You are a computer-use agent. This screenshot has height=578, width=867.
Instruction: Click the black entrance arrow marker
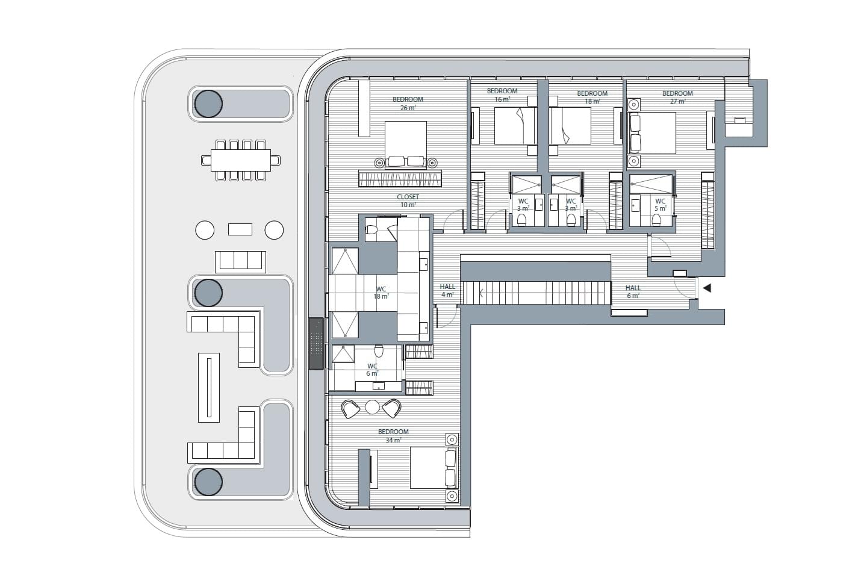(707, 288)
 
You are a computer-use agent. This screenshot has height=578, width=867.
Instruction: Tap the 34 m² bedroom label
(393, 436)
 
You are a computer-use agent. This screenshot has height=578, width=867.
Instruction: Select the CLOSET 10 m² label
(408, 201)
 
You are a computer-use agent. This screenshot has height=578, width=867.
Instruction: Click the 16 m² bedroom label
(502, 95)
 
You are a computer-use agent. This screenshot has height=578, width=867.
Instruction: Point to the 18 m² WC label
(381, 293)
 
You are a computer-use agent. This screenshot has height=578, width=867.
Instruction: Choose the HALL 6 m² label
(633, 292)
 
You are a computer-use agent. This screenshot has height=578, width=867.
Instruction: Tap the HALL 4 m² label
(447, 291)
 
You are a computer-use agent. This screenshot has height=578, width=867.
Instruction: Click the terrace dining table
(241, 160)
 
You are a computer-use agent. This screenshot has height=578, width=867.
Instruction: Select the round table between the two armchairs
(372, 407)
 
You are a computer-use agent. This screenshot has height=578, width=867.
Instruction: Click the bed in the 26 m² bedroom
(406, 144)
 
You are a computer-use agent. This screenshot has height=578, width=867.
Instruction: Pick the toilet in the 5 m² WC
(656, 220)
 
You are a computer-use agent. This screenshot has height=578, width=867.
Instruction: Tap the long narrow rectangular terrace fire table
(209, 388)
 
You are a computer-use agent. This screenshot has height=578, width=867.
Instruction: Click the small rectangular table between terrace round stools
(240, 229)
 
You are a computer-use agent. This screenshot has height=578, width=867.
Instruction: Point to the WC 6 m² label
(372, 370)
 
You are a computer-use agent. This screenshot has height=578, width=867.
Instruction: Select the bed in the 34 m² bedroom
(433, 468)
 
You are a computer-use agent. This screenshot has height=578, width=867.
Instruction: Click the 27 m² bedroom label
(677, 97)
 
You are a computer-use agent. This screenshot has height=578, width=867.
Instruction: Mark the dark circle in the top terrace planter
(208, 104)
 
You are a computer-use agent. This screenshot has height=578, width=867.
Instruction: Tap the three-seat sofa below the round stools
(240, 262)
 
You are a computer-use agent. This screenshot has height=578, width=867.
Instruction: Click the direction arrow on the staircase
(482, 293)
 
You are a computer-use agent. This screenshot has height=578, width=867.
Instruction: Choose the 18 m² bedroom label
(592, 97)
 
